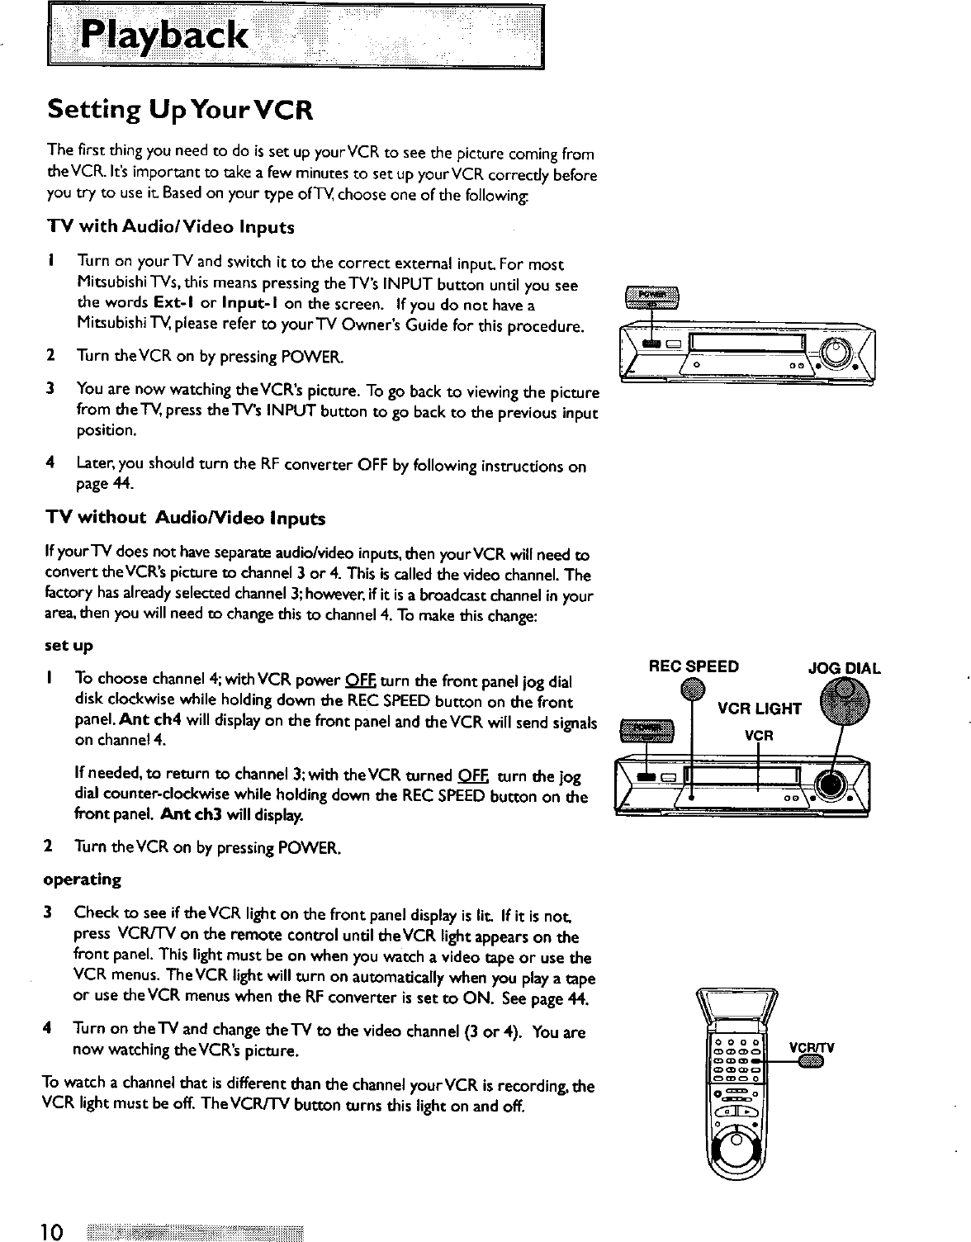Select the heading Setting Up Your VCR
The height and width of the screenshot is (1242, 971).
tap(179, 110)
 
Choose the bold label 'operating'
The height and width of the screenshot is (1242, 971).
tap(83, 879)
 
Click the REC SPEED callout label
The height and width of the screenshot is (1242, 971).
tap(694, 666)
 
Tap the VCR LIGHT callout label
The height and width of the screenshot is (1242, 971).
tap(759, 709)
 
